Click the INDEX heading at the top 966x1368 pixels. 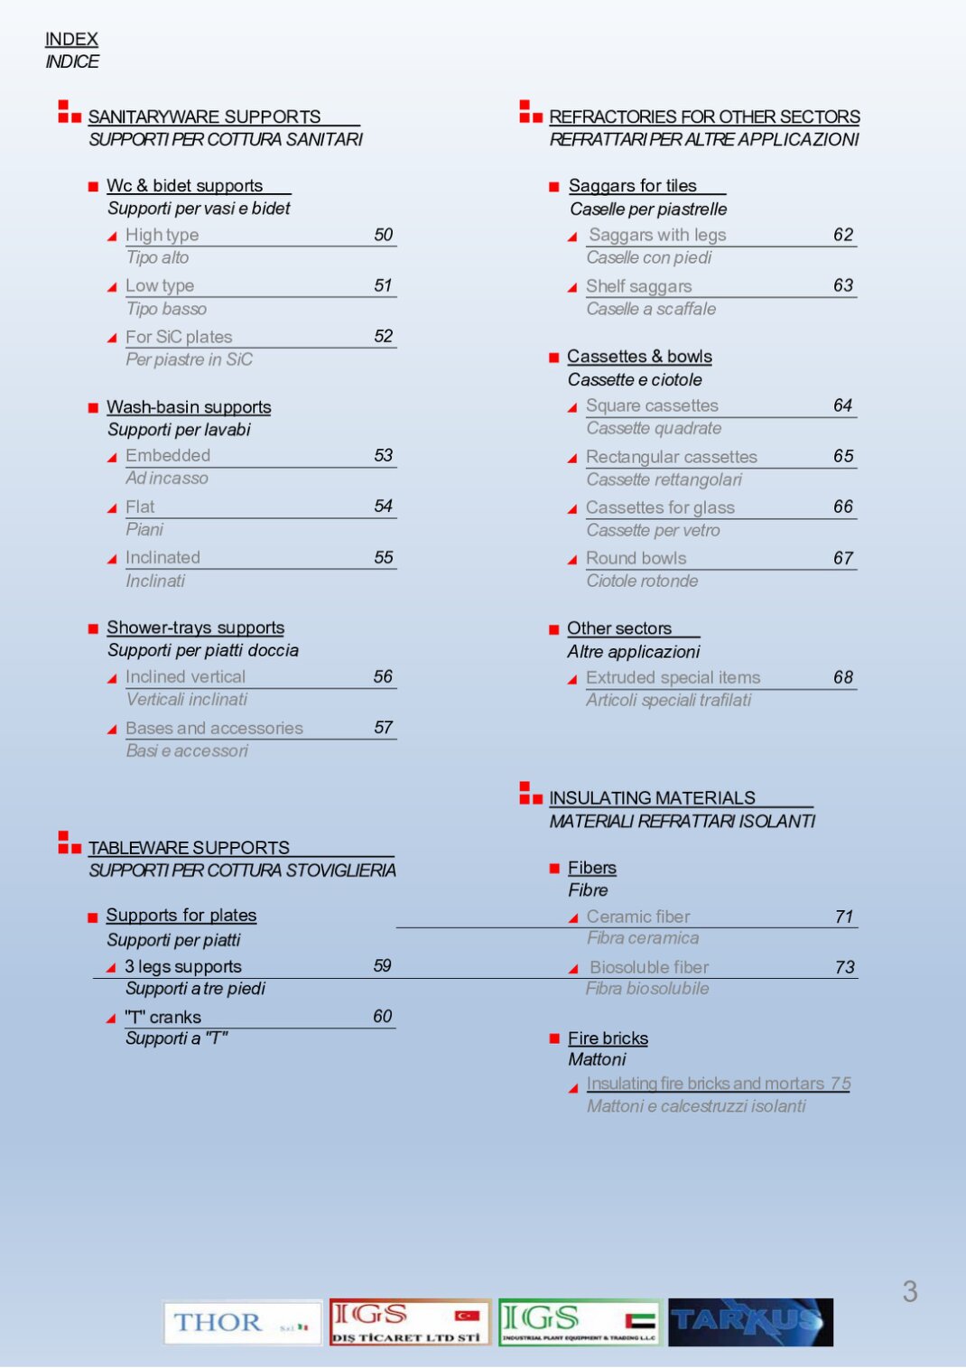tap(71, 39)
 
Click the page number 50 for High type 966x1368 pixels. tap(384, 235)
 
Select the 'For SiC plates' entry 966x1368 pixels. tap(179, 337)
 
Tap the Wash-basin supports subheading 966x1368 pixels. tap(189, 407)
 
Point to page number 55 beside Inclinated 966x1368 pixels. tap(384, 558)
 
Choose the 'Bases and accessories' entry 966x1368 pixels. tap(214, 728)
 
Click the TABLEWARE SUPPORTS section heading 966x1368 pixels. tap(189, 848)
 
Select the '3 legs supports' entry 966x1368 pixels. tap(183, 966)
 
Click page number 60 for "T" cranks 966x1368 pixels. tap(383, 1017)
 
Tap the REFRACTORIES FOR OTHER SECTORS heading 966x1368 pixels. tap(704, 117)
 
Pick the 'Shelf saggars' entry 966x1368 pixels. tap(638, 286)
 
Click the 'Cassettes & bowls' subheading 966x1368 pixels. tap(639, 357)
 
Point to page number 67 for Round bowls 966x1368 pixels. tap(843, 558)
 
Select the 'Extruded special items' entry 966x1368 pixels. tap(673, 677)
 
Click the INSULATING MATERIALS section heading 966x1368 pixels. tap(652, 798)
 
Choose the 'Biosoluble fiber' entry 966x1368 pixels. tap(649, 967)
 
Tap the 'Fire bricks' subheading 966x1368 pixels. tap(608, 1038)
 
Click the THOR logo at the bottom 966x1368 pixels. tap(242, 1323)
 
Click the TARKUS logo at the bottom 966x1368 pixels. tap(750, 1323)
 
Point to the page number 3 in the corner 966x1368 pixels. tap(910, 1291)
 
